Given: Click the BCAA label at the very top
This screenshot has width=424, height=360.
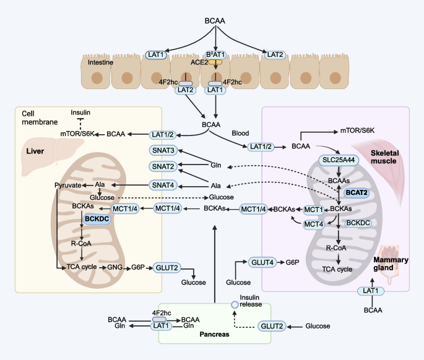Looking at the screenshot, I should coord(215,22).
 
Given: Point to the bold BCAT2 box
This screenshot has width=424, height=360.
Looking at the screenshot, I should coord(357,193).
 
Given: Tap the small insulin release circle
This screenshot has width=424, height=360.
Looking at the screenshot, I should coord(235,304).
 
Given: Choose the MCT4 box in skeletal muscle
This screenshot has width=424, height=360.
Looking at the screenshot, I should coord(314,225).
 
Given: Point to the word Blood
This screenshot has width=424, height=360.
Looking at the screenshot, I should coord(240,132).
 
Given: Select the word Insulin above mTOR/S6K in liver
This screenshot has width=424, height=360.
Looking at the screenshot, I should coord(80,112).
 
